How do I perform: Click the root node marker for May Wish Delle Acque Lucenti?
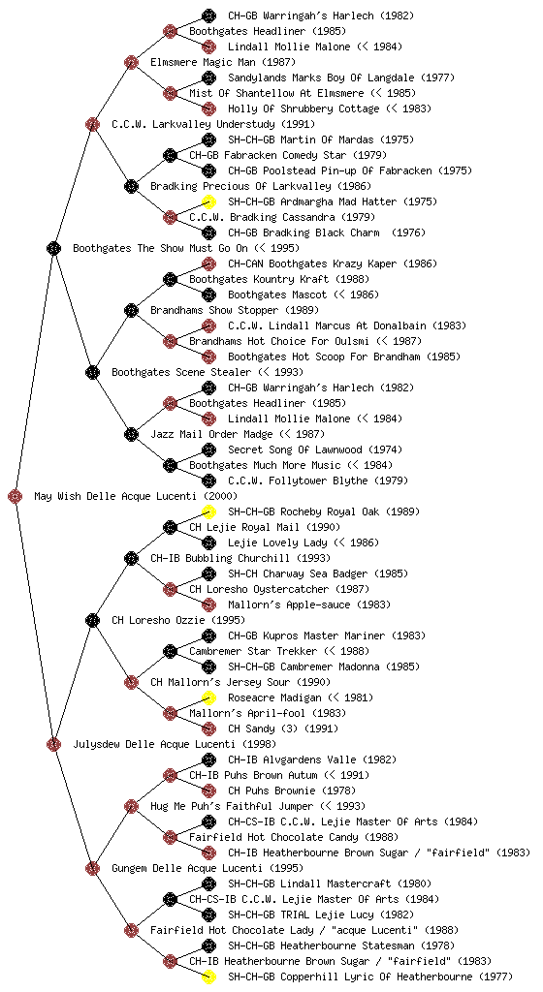point(16,496)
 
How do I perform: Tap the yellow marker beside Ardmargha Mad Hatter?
point(208,201)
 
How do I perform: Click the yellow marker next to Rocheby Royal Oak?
point(208,511)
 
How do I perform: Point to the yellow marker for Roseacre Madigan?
point(208,697)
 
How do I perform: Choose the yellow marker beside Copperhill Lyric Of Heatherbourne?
point(208,976)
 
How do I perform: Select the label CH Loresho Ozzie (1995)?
point(178,620)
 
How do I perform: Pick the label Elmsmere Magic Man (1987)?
point(223,62)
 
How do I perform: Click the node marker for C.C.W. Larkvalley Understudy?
point(92,124)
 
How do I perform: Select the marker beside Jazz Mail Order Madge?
point(131,434)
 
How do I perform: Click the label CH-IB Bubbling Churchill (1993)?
point(240,558)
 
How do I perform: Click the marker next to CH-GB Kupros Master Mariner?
point(208,635)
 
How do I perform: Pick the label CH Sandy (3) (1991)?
point(283,728)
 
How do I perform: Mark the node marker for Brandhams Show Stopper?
point(131,310)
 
